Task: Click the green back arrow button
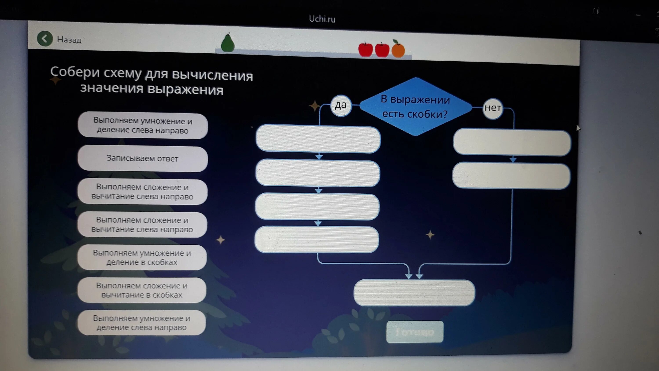tap(45, 39)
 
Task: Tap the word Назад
tap(69, 40)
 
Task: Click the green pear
tap(227, 43)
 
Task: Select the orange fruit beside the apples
tap(398, 49)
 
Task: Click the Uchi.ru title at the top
tap(322, 19)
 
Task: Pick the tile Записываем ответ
tap(143, 158)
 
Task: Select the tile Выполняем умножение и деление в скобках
tap(142, 257)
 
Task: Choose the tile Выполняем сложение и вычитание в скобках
tap(142, 290)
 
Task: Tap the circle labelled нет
tap(492, 108)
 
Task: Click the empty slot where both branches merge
tap(414, 293)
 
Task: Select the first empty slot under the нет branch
tap(512, 142)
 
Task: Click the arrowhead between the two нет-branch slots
tap(513, 160)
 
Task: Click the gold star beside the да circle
tap(314, 106)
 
